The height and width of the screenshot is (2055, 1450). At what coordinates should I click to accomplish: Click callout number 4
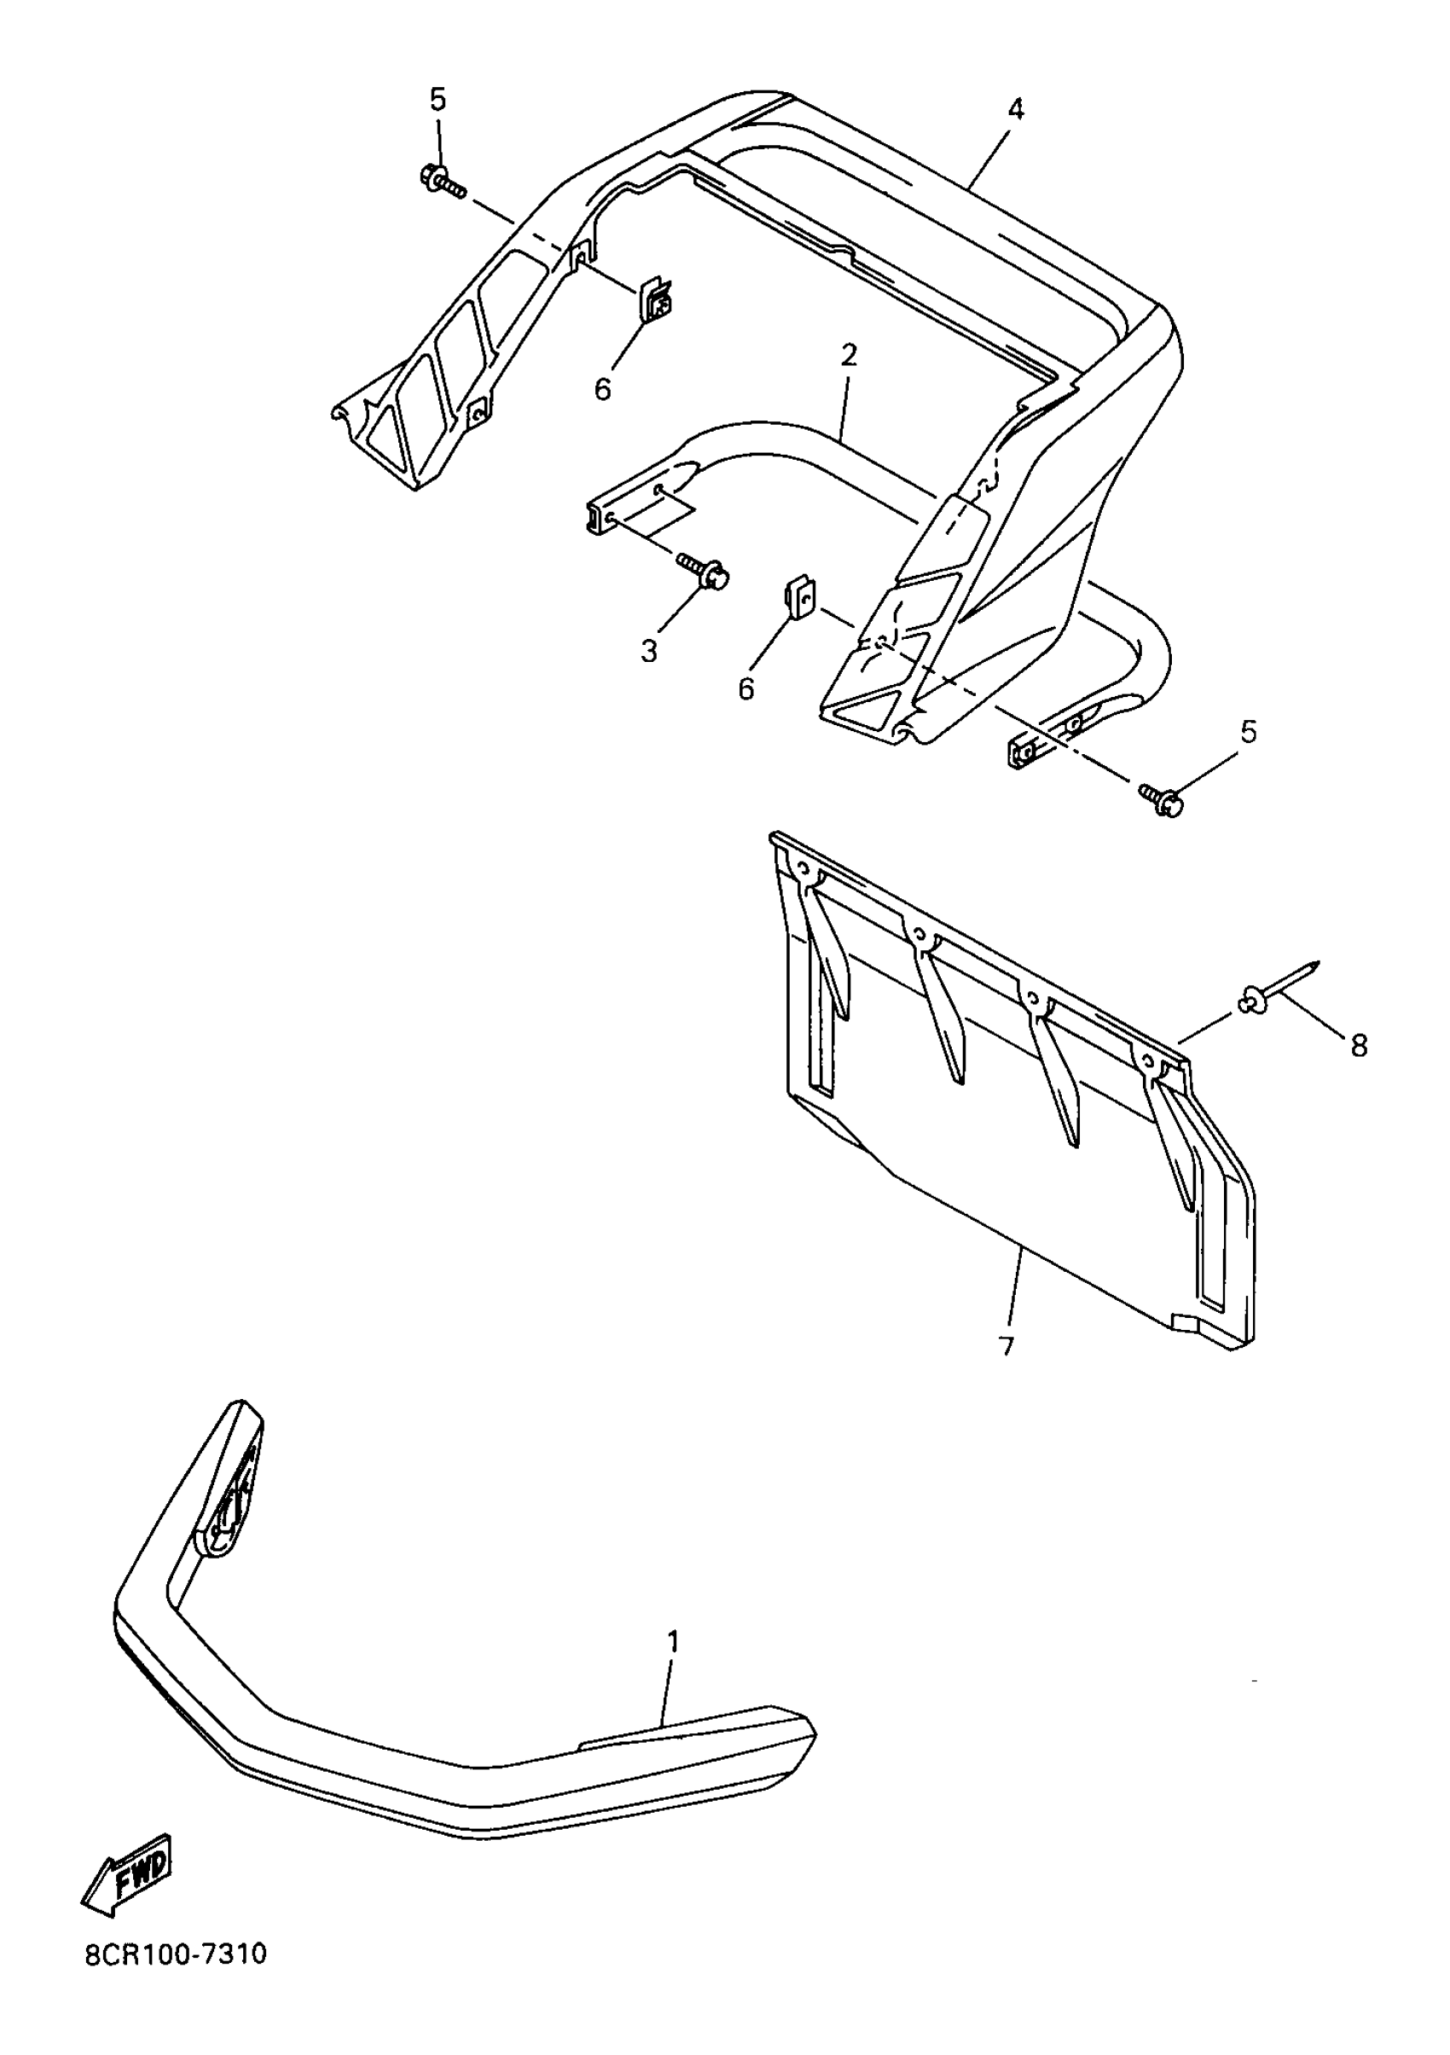tap(1014, 109)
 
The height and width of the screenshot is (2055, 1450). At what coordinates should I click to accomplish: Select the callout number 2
tap(849, 356)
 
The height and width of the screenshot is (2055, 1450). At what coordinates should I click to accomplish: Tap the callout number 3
tap(649, 651)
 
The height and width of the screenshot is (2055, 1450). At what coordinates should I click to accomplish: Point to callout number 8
tap(1359, 1044)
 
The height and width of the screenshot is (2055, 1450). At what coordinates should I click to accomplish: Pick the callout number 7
tap(1006, 1370)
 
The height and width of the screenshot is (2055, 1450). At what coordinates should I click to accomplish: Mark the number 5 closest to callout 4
tap(437, 99)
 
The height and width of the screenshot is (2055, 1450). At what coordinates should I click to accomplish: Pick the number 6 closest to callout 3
tap(746, 688)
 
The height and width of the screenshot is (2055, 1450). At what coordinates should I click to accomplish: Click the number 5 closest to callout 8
tap(1248, 731)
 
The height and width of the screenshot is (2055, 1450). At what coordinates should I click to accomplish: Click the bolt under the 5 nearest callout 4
tap(442, 181)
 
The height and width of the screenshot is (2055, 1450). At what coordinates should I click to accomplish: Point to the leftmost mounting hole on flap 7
tap(802, 868)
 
